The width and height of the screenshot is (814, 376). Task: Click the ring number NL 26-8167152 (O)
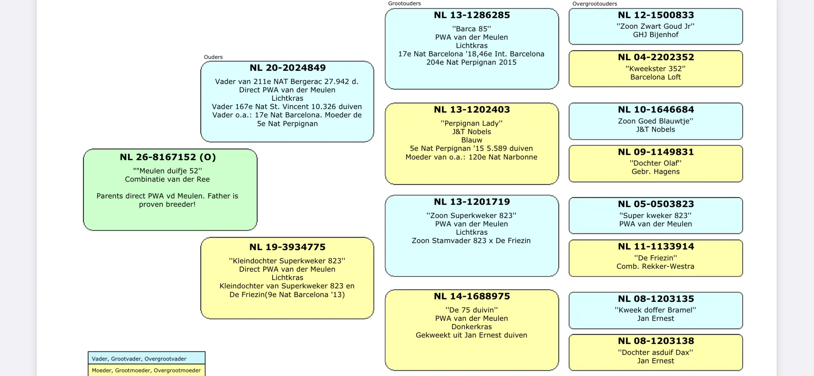tap(168, 157)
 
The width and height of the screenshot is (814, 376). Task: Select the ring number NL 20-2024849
tap(288, 68)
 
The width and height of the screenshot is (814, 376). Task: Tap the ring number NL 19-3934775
tap(287, 247)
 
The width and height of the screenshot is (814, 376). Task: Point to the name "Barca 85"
tap(472, 29)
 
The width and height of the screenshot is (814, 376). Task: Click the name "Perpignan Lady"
tap(472, 123)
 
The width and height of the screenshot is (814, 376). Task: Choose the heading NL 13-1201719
tap(472, 202)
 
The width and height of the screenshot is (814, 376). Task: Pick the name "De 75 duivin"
tap(472, 310)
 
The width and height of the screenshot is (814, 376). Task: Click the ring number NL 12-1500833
tap(656, 15)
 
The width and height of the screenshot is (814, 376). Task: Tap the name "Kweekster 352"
tap(656, 69)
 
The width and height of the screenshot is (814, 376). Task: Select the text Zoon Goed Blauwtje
tap(656, 121)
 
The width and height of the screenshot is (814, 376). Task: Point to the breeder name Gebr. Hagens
tap(656, 172)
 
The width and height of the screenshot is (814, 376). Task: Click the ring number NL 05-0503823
tap(656, 204)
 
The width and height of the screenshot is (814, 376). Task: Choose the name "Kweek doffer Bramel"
tap(656, 310)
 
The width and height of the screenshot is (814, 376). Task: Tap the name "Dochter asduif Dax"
tap(656, 353)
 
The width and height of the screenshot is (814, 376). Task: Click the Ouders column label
tap(213, 57)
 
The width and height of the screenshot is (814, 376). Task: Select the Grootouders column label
tap(404, 4)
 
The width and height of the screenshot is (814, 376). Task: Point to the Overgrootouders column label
tap(595, 4)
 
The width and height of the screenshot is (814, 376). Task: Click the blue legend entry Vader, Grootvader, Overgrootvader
tap(139, 359)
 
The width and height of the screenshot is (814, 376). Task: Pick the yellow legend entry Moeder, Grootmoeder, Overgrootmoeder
tap(146, 371)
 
